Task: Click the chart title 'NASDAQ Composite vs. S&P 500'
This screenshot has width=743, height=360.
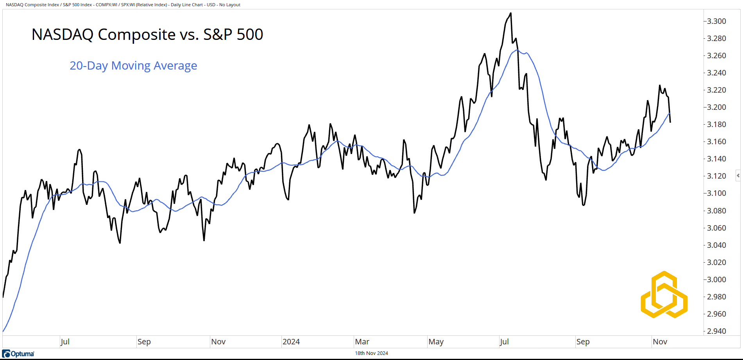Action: click(147, 34)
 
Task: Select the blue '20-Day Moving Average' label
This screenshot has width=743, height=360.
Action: click(133, 66)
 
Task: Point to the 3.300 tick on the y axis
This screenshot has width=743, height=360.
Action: click(716, 21)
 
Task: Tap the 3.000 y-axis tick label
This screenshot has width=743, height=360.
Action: click(716, 279)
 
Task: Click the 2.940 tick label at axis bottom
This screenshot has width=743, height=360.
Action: click(716, 331)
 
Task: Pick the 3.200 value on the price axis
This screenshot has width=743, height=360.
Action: click(716, 107)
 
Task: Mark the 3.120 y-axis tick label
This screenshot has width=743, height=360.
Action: click(716, 176)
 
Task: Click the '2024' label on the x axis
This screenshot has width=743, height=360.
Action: click(291, 342)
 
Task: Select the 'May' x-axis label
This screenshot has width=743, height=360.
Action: click(436, 342)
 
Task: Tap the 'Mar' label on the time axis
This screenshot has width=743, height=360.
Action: click(362, 342)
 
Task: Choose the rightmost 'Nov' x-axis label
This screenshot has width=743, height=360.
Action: click(660, 342)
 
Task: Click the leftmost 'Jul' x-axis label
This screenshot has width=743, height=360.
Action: click(65, 342)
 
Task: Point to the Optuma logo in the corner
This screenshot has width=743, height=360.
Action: click(18, 354)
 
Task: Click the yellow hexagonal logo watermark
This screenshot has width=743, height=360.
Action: click(664, 294)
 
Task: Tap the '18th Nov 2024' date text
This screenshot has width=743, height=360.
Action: click(371, 353)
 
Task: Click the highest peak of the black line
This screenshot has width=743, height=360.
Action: click(510, 13)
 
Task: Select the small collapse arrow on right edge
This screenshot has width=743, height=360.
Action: click(738, 176)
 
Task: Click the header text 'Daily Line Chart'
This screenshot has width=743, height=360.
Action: click(187, 5)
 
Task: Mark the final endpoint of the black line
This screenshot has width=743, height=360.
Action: click(670, 122)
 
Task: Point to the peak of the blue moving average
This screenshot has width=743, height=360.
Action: click(517, 50)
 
